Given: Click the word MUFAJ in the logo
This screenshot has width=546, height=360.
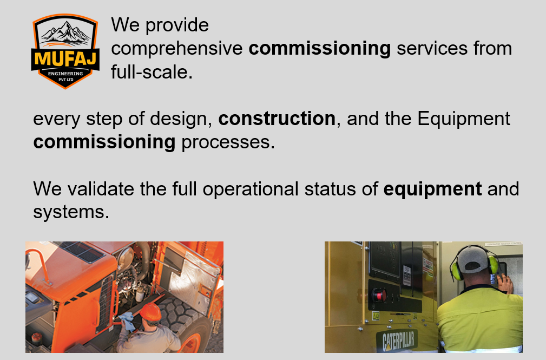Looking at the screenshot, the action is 65,58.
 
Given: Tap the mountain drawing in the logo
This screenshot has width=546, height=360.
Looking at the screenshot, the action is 65,33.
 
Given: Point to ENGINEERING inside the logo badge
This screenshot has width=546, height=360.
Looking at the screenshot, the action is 65,74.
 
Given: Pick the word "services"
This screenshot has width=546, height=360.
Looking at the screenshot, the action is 432,48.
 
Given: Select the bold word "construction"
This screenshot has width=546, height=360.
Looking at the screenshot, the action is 277,119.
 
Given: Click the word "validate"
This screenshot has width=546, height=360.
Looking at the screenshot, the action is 101,189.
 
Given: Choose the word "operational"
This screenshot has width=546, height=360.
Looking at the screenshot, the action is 251,189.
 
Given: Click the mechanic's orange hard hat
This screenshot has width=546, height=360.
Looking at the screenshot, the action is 150,312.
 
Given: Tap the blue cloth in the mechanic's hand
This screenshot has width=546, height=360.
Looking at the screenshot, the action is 128,321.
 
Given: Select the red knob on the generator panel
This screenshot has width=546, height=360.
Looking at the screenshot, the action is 379,295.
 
